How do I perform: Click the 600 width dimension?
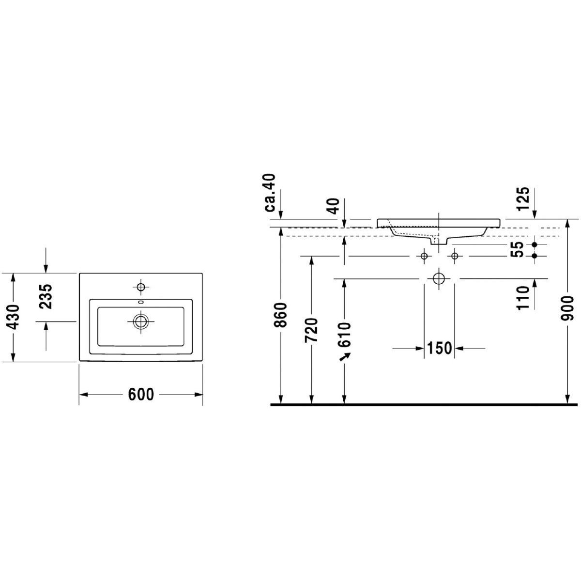coord(141,395)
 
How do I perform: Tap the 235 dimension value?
coord(46,296)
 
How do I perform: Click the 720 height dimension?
coord(311,330)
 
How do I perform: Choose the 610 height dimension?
coord(345,335)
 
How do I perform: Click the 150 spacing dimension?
coord(439,348)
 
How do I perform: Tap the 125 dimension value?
coord(522,199)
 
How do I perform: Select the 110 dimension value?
coord(522,298)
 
